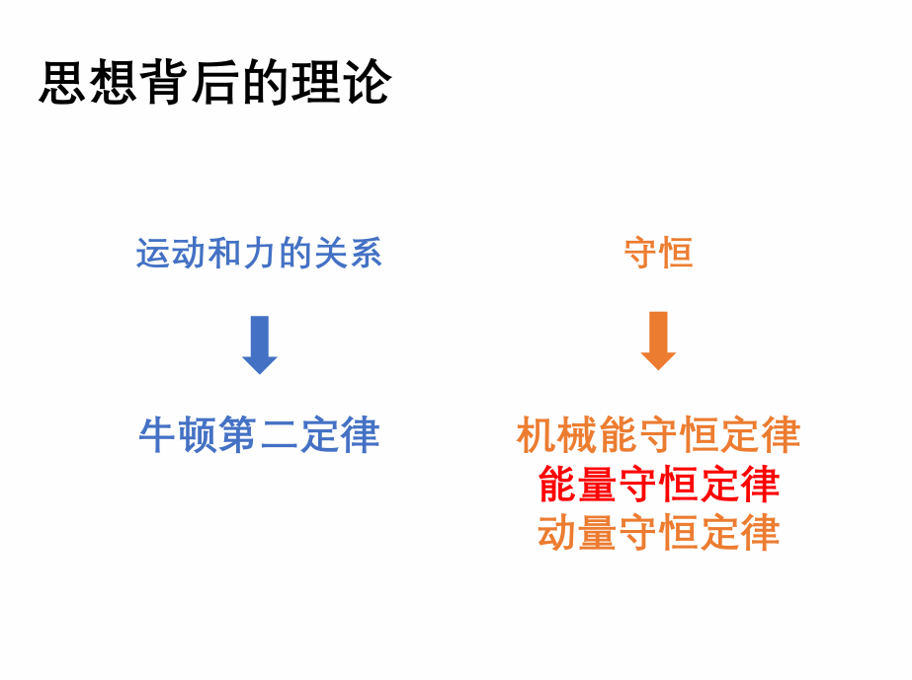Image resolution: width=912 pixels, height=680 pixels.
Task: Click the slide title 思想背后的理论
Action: pyautogui.click(x=214, y=83)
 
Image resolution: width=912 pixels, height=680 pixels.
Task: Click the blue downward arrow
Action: pyautogui.click(x=260, y=345)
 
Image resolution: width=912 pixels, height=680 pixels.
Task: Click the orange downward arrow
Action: pyautogui.click(x=658, y=341)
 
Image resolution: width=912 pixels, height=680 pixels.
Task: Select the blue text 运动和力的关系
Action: pyautogui.click(x=259, y=254)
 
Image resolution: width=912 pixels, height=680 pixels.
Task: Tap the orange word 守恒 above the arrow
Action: pyautogui.click(x=658, y=254)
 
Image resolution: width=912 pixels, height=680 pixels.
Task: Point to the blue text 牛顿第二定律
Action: pyautogui.click(x=259, y=435)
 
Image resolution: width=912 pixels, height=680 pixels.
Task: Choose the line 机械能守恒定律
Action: pyautogui.click(x=658, y=435)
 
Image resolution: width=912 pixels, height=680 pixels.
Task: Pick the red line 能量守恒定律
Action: pyautogui.click(x=658, y=485)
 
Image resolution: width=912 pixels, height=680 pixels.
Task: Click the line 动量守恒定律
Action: pyautogui.click(x=658, y=533)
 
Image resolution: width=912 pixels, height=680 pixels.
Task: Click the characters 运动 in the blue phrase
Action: pyautogui.click(x=171, y=254)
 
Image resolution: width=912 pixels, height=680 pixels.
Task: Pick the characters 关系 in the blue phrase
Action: pyautogui.click(x=348, y=254)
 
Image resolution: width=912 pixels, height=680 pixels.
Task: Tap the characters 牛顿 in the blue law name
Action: pyautogui.click(x=178, y=435)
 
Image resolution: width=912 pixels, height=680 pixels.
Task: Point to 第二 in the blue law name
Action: pyautogui.click(x=259, y=435)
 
